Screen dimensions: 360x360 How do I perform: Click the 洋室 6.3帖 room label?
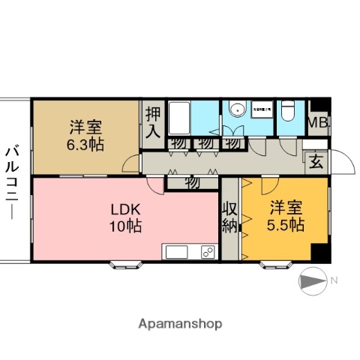click(x=87, y=134)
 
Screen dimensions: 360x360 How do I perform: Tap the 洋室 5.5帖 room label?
click(x=286, y=214)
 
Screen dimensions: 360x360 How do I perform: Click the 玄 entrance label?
click(x=316, y=160)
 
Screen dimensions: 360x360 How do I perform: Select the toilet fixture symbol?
click(x=288, y=111)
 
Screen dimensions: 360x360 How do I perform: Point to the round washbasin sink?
click(x=238, y=109)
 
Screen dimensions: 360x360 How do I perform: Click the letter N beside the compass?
click(x=334, y=280)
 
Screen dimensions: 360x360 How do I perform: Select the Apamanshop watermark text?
click(x=180, y=324)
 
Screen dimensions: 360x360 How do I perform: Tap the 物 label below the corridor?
click(x=191, y=181)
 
